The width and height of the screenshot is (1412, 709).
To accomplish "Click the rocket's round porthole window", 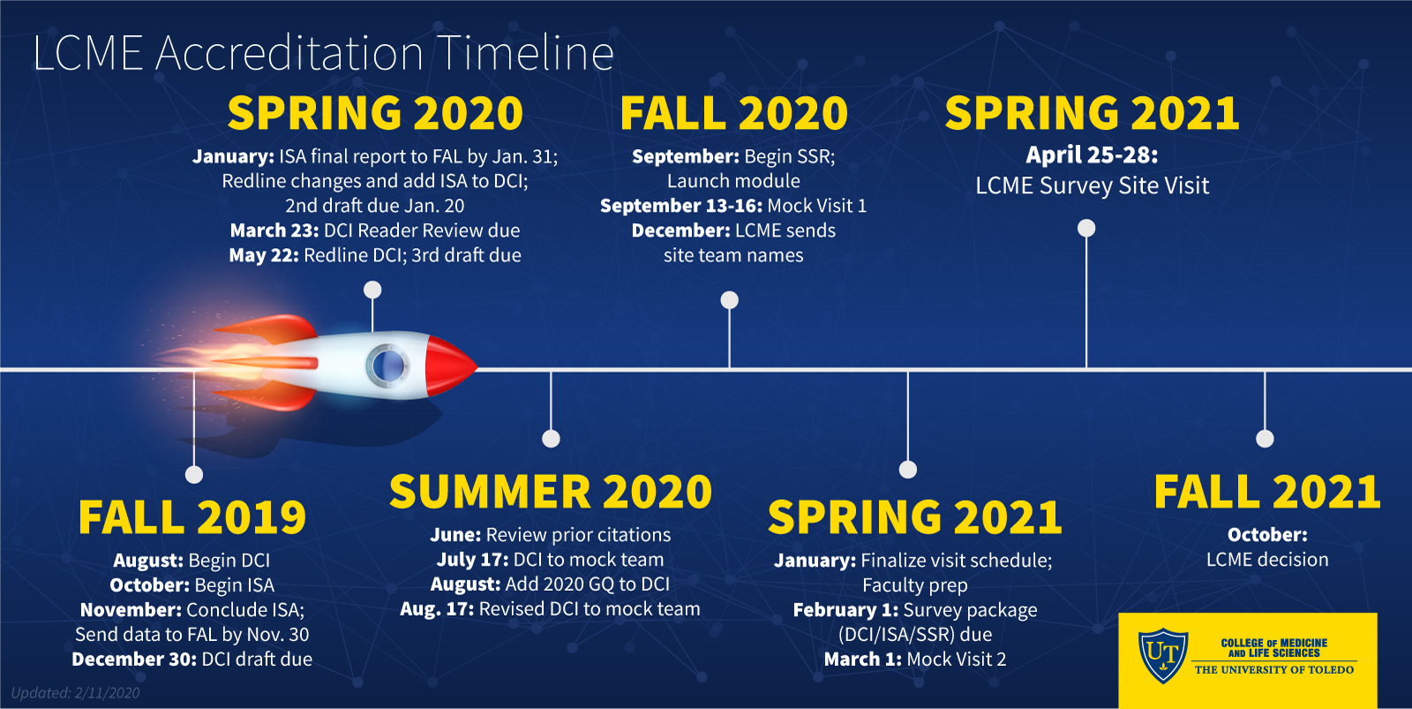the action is pos(387,366).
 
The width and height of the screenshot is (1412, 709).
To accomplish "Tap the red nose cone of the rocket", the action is pos(450,366).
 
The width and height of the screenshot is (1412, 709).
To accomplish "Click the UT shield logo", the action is pos(1162,655).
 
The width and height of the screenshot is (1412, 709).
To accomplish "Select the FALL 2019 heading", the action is pos(192,518).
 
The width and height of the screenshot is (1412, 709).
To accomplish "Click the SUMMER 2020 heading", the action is pos(551,492).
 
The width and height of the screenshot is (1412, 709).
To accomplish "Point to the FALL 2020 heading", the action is pos(733,114).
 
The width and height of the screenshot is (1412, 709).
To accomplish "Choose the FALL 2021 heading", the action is pos(1267,492).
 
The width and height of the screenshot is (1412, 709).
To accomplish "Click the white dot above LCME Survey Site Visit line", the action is pos(1086,228).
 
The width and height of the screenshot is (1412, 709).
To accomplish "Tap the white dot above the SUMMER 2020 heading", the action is pos(551,439).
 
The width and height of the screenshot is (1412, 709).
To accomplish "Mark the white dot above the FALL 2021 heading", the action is pos(1265,439).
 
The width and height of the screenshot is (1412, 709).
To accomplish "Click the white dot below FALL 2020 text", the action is pos(729,299).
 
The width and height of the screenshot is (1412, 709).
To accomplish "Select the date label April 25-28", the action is pos(1092,155).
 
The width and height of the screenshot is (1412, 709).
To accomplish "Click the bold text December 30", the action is pos(134,660).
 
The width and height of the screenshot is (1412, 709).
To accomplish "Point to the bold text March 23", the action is pos(274,230).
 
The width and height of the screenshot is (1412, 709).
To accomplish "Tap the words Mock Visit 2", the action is pos(957,660).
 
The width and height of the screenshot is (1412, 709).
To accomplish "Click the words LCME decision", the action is pos(1267,560).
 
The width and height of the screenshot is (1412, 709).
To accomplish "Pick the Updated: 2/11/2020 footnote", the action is pos(76,692).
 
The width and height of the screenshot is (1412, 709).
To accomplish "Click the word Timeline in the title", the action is pos(525,53).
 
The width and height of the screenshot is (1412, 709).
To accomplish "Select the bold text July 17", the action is pos(472,560).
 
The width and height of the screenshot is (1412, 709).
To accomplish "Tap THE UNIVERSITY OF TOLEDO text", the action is pos(1274,669).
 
